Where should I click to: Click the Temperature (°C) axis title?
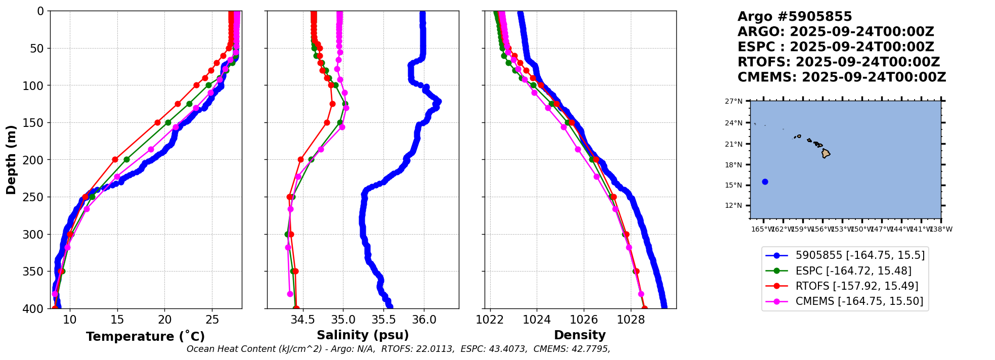145,337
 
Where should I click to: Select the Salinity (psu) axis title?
363,335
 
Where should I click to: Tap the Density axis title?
580,335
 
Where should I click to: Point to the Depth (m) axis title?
11,160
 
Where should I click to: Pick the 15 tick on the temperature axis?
117,320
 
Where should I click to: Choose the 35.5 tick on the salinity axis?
383,320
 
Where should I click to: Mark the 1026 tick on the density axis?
584,320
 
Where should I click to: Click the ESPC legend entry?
853,271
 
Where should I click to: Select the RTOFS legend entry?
856,286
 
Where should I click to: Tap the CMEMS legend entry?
859,301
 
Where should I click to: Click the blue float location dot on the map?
765,182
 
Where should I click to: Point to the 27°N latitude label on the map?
734,102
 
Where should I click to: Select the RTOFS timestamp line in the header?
838,62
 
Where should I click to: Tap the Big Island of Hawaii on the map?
826,153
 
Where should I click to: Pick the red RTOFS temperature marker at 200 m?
115,159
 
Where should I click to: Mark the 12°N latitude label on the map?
734,206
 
